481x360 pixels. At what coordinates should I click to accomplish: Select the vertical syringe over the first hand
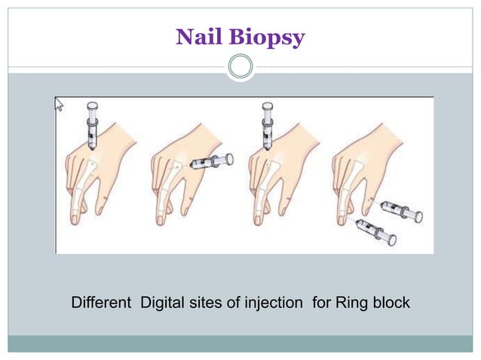pos(93,125)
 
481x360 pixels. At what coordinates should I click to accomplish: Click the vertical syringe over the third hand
pos(267,125)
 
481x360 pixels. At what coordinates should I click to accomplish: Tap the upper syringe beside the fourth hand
pos(400,211)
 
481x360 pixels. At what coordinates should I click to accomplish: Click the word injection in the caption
pos(274,304)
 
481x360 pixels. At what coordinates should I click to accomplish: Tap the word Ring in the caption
pos(352,304)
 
